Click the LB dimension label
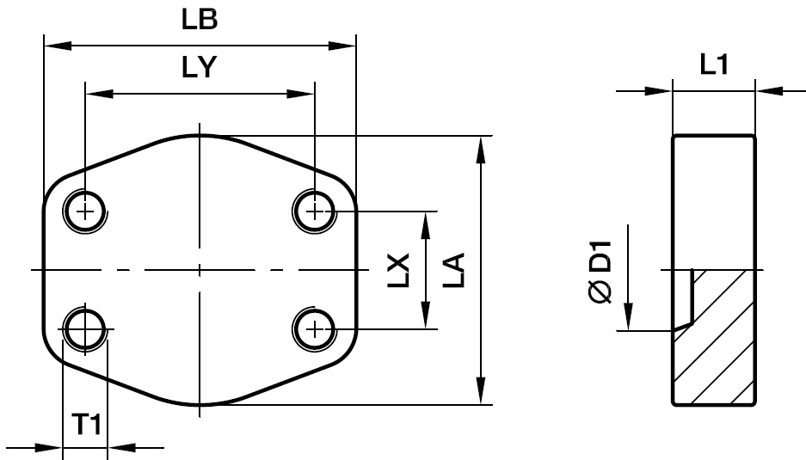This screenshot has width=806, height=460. click(199, 21)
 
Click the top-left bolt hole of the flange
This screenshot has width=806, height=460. click(85, 211)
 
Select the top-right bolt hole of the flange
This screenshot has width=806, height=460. click(316, 211)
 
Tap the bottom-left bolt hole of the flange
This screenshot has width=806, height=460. click(85, 328)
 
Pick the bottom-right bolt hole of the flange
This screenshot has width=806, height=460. click(316, 328)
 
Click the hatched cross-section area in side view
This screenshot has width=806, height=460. click(718, 344)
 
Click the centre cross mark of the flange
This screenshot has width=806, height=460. click(200, 270)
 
